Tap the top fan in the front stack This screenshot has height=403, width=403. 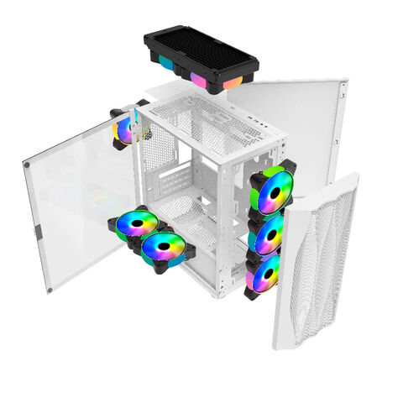pos(273,191)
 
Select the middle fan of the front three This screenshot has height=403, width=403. pos(268,236)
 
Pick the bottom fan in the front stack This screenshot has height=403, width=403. pos(264,274)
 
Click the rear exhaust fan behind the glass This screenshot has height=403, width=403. pos(127,130)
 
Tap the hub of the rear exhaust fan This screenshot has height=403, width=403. pos(126,130)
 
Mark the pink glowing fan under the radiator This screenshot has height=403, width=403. pos(199,79)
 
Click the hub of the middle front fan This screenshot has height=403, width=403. pos(269,236)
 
